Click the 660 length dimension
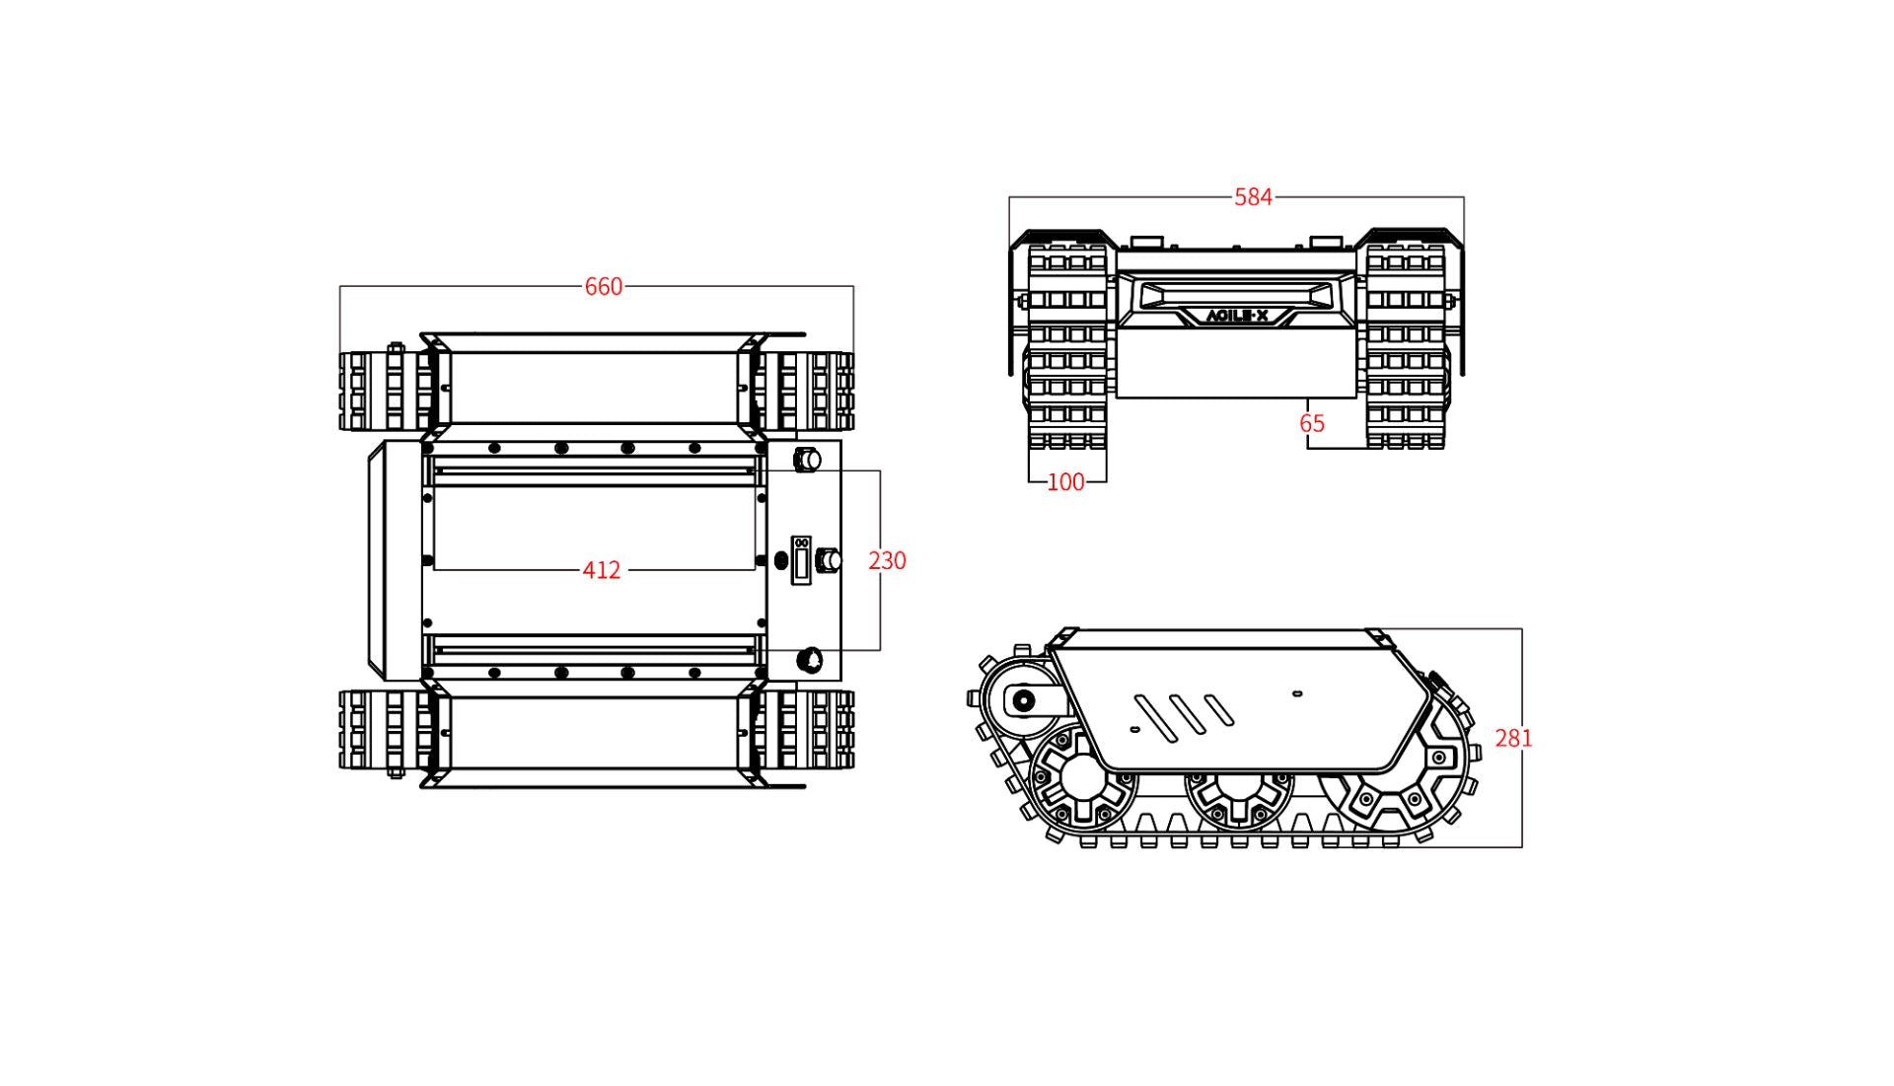(x=603, y=286)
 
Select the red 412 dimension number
(x=601, y=570)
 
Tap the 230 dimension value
(x=887, y=560)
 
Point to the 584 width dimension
(x=1253, y=197)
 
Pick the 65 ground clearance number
(x=1311, y=423)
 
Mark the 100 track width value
(x=1064, y=482)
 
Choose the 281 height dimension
(x=1513, y=738)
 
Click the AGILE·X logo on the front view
(x=1237, y=317)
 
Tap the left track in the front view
(x=1067, y=345)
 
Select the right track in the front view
(x=1406, y=345)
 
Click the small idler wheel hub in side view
(x=1024, y=701)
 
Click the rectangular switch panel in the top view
(x=801, y=560)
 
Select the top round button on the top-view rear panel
(x=808, y=459)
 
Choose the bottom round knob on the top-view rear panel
(x=810, y=658)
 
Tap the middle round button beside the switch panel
(x=830, y=560)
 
